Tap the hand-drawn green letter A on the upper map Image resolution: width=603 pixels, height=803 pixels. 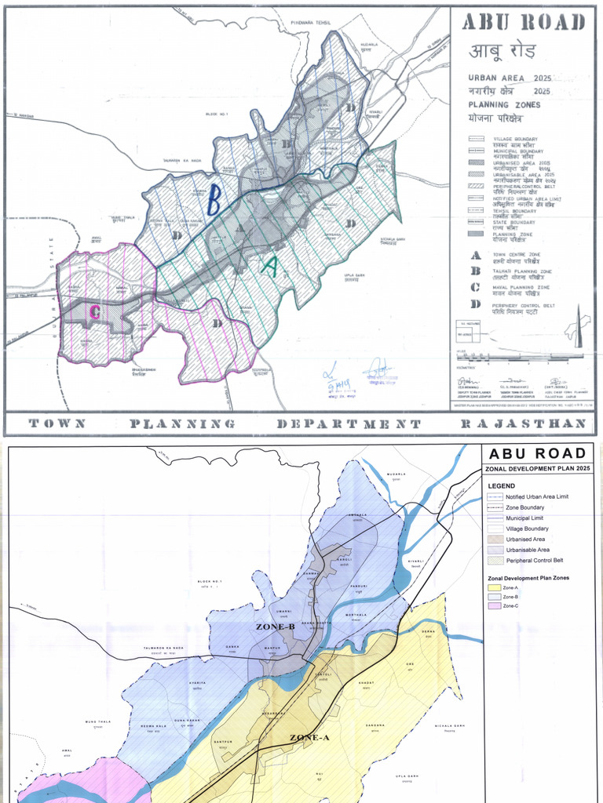[x=269, y=267]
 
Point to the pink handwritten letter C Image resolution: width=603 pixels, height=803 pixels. [x=94, y=312]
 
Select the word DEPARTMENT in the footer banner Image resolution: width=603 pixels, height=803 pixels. [x=349, y=423]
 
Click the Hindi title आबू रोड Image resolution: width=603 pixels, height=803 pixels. [x=502, y=53]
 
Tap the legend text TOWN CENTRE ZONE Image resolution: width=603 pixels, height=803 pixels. [x=519, y=256]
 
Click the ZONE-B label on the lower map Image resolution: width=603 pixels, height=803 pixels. [x=275, y=627]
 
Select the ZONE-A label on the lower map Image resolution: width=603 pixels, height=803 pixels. [x=309, y=737]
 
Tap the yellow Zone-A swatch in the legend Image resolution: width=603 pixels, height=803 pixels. [x=494, y=587]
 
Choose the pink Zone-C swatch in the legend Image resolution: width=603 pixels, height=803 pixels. [x=494, y=606]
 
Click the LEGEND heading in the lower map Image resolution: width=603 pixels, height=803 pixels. [x=502, y=486]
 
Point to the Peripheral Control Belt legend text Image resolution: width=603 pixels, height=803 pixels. [x=534, y=561]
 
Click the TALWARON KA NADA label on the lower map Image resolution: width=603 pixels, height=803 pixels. [x=163, y=647]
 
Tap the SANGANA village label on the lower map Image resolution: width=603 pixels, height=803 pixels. [x=375, y=725]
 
